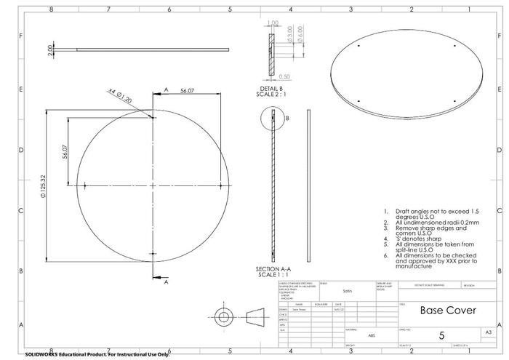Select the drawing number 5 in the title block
441,335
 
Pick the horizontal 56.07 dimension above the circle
187,90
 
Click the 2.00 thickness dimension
51,49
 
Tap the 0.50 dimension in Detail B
285,76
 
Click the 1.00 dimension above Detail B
274,23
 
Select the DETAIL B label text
270,88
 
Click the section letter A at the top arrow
166,88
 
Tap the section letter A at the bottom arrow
166,281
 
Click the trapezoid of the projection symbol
254,319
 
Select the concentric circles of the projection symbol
223,319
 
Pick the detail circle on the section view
270,117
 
